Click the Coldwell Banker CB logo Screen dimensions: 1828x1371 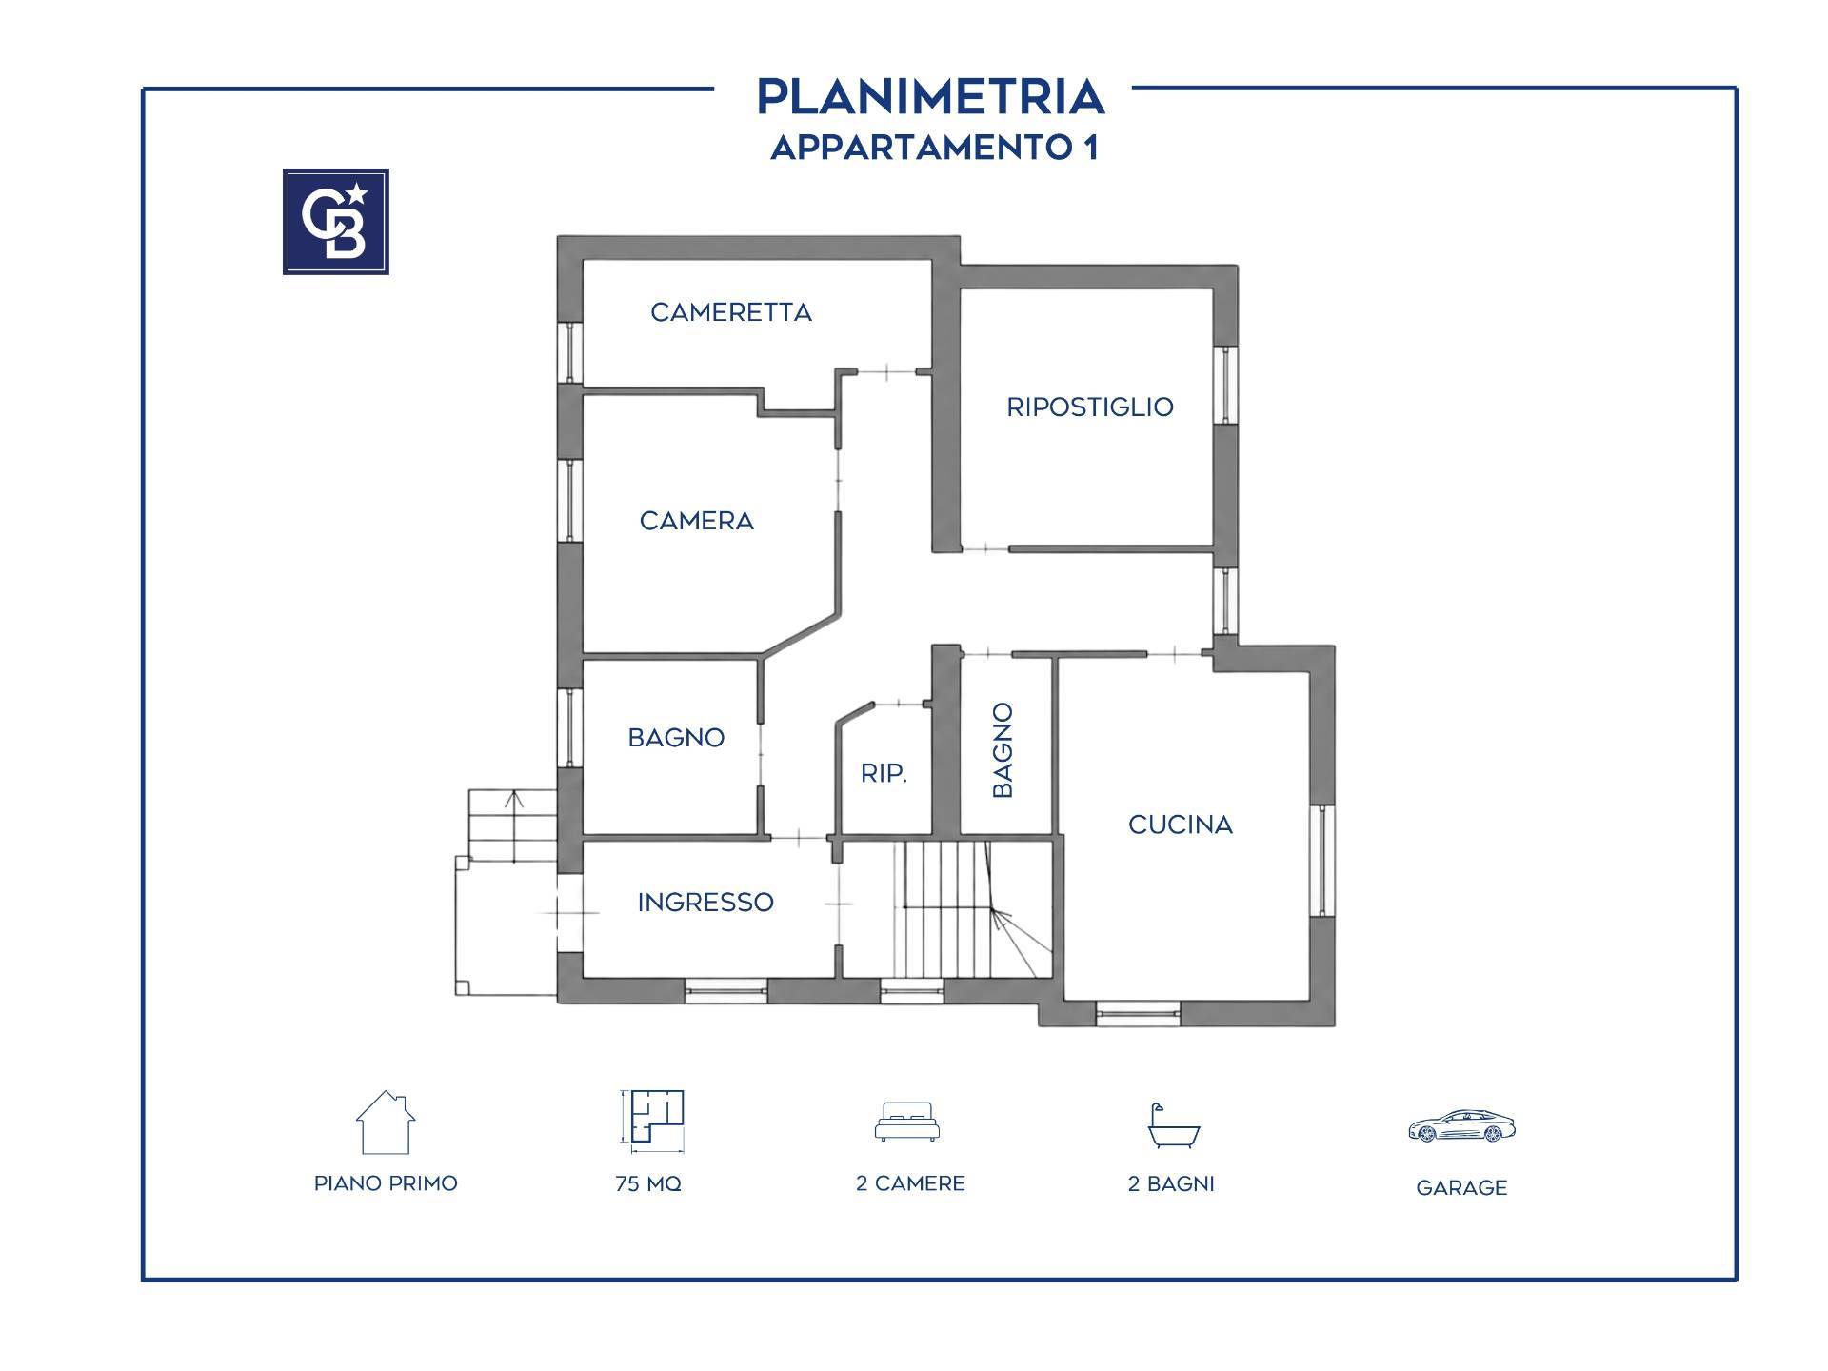tap(336, 222)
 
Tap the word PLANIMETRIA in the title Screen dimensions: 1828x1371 tap(930, 96)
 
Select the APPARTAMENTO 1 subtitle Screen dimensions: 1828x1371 tap(934, 148)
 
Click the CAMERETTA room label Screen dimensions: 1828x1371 tap(731, 312)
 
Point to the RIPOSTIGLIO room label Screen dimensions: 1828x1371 tap(1090, 407)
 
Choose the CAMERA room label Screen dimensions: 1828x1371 tap(697, 521)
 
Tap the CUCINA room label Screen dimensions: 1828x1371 tap(1181, 825)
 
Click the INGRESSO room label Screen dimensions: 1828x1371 tap(705, 903)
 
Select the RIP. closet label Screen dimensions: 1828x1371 tap(884, 774)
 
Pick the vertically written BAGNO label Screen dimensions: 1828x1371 tap(1003, 750)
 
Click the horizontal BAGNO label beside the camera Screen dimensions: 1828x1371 tap(677, 738)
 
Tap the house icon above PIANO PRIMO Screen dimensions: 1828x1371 tap(386, 1122)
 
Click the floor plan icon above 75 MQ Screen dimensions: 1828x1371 tap(652, 1118)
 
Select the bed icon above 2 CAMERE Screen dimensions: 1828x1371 tap(907, 1122)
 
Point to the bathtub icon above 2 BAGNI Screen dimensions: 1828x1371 tap(1173, 1125)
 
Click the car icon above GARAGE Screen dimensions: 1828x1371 tap(1461, 1125)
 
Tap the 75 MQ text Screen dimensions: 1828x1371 tap(648, 1183)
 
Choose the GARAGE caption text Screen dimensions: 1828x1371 tap(1461, 1188)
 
